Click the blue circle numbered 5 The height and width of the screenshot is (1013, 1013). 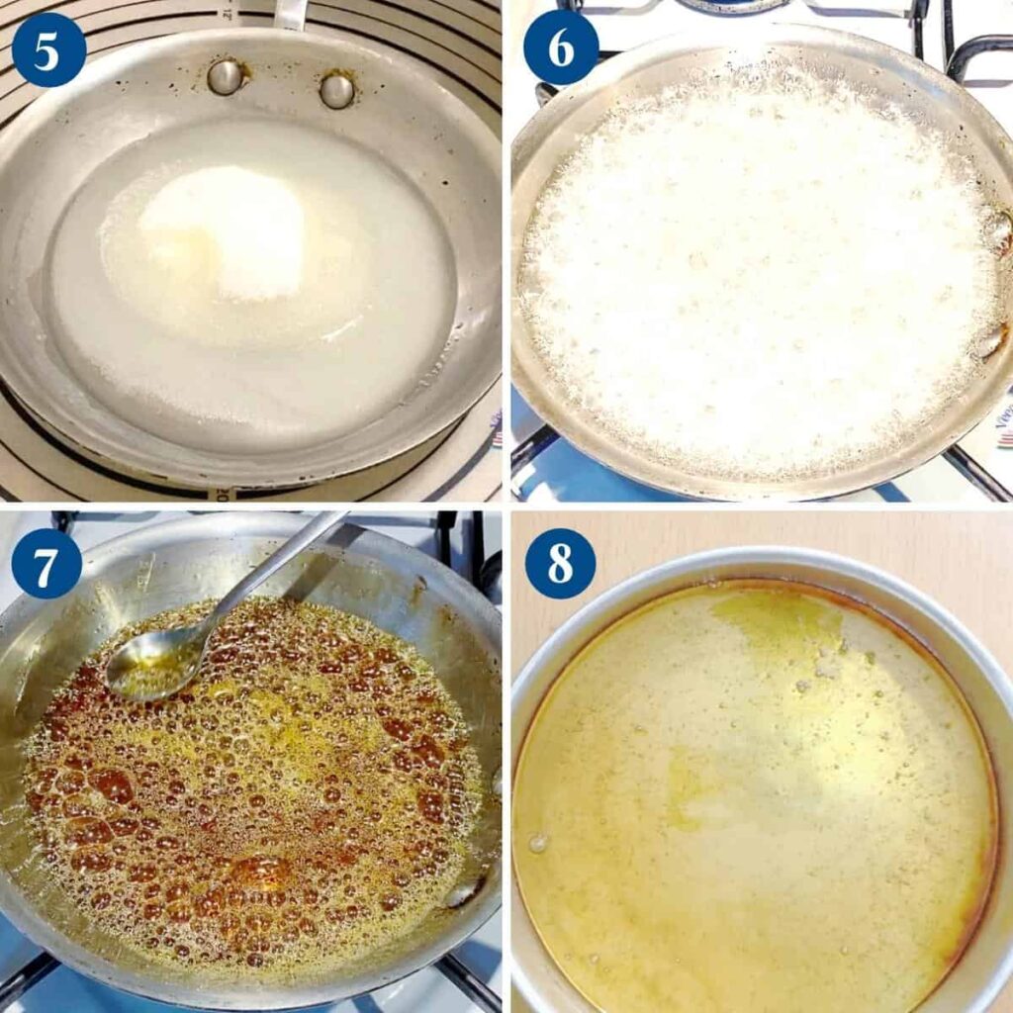point(48,49)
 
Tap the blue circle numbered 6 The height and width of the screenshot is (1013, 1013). point(561,47)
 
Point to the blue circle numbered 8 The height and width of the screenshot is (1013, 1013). point(560,563)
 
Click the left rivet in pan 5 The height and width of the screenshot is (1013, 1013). point(226,77)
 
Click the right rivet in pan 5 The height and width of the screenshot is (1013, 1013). point(336,91)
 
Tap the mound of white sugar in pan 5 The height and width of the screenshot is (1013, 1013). point(223,232)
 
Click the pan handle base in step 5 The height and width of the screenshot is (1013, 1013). point(290,14)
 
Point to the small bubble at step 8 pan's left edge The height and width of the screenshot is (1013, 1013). point(537,843)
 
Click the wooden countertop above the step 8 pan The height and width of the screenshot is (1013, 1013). point(763,536)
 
